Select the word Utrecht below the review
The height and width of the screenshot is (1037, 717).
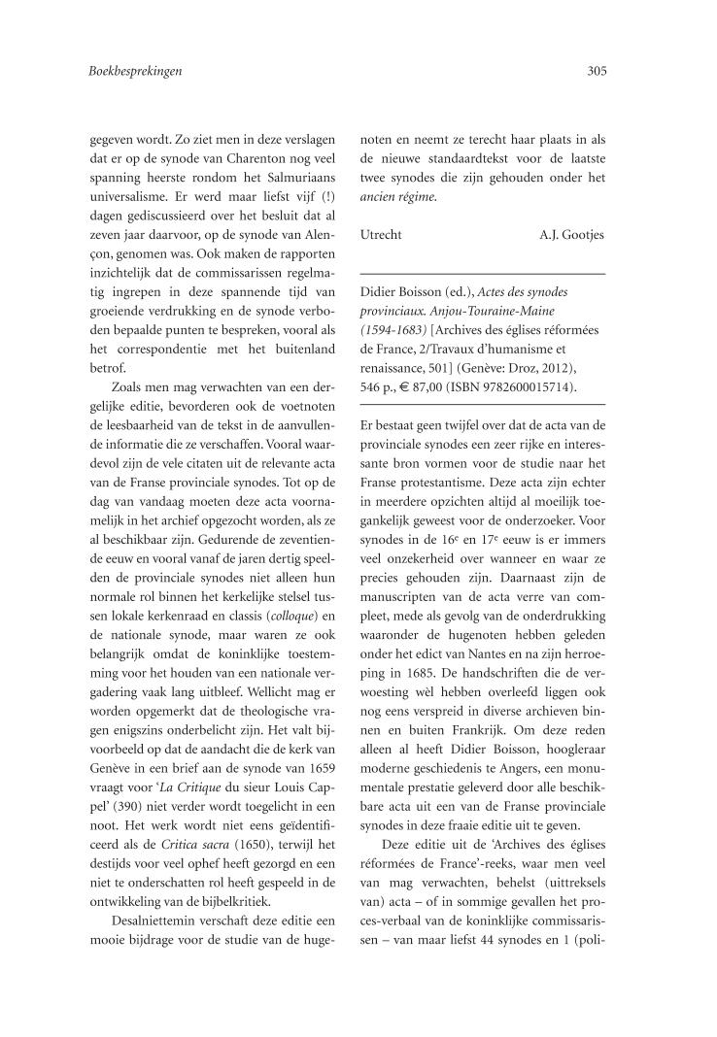[380, 235]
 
